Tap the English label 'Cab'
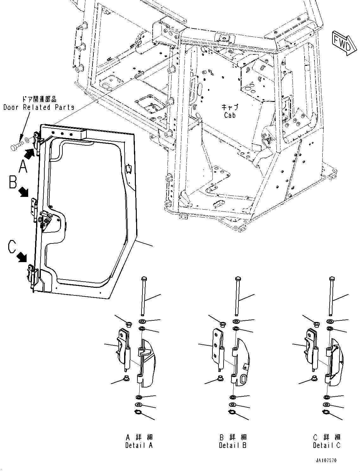point(230,116)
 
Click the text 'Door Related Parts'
point(39,107)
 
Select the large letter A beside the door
point(23,166)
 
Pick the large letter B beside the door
point(13,182)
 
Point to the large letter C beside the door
point(12,247)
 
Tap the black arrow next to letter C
point(22,257)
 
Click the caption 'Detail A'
point(139,445)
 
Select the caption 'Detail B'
point(233,445)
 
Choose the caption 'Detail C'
point(327,445)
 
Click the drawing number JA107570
point(326,460)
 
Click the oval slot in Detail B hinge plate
point(243,379)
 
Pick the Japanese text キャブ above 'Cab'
point(230,107)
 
